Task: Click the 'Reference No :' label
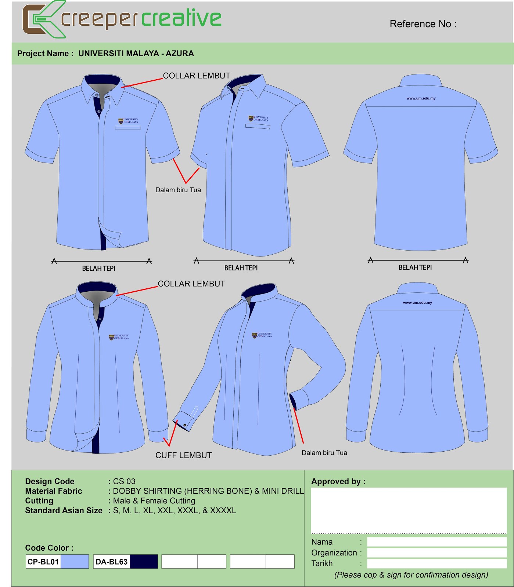point(423,24)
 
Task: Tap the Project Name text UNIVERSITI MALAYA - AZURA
point(136,54)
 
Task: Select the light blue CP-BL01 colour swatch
point(75,561)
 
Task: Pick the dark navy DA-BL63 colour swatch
point(144,561)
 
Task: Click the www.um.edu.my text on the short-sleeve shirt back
point(421,98)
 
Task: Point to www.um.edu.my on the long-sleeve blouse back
point(417,303)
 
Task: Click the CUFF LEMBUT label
point(184,455)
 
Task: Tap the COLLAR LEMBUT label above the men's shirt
point(197,76)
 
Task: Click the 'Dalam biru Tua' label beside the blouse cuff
point(324,453)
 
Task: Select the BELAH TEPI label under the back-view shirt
point(415,267)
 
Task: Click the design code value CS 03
point(124,481)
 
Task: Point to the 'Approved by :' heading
point(338,481)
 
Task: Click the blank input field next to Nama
point(437,542)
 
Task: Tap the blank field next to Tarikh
point(437,564)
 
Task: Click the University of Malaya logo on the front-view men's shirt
point(128,121)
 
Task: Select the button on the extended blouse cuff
point(185,425)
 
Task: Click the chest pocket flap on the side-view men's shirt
point(258,127)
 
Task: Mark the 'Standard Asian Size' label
point(64,510)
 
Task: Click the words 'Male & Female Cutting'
point(154,501)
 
